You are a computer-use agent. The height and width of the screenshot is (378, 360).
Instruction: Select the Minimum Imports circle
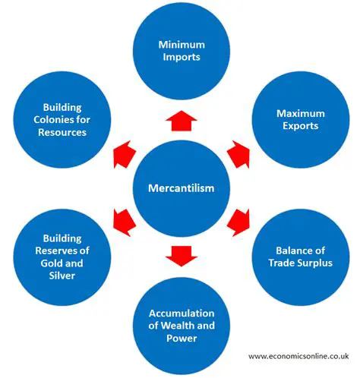180,50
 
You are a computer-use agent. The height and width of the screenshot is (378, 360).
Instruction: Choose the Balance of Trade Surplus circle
298,256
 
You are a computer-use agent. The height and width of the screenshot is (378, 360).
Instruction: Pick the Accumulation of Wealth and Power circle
180,325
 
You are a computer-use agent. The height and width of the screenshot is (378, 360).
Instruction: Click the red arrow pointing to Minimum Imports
180,117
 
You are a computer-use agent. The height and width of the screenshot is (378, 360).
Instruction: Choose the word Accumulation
181,313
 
